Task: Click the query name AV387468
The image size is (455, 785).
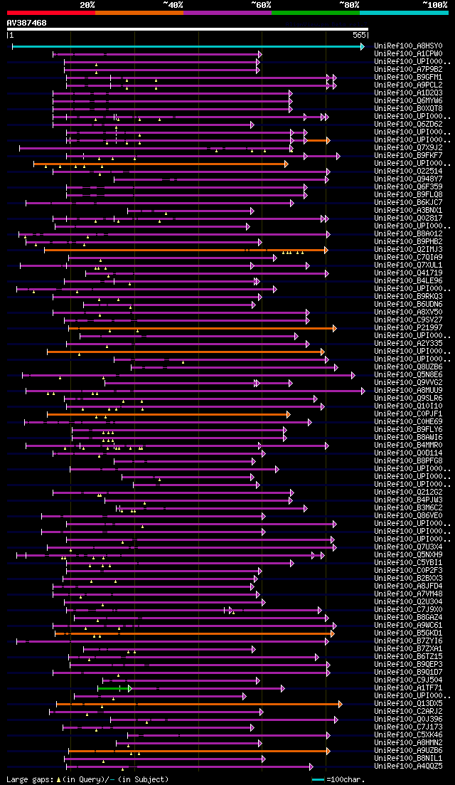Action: pos(27,23)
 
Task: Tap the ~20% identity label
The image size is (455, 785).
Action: pos(87,4)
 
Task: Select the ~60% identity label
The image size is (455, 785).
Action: pos(261,4)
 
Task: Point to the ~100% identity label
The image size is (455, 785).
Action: pos(434,4)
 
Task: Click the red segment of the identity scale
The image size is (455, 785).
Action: pos(50,12)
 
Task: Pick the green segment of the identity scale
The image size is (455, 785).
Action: pos(315,12)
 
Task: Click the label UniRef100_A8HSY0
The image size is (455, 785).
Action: pos(408,46)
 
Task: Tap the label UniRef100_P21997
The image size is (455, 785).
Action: pos(408,327)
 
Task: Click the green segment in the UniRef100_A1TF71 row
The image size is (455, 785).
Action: pos(113,688)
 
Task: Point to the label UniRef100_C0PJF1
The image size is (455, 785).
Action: pos(408,413)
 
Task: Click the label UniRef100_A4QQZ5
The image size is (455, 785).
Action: pos(408,766)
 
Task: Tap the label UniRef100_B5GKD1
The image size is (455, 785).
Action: pos(408,633)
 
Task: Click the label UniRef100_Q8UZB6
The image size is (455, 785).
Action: pos(408,367)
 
